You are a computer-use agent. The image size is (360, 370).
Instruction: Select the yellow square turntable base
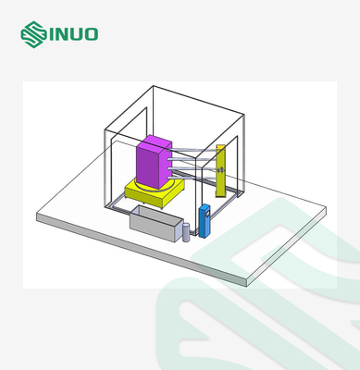155,191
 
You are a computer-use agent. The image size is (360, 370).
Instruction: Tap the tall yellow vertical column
220,170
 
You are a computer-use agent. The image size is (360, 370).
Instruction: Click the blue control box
205,221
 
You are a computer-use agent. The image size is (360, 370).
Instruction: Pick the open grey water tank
156,224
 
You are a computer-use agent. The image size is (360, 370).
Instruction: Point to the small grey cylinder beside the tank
186,232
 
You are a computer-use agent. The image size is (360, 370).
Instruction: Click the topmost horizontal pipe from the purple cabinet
193,150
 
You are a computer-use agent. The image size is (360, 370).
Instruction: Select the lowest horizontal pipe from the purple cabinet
192,177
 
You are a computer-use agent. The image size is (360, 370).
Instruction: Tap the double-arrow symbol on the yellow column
220,170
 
